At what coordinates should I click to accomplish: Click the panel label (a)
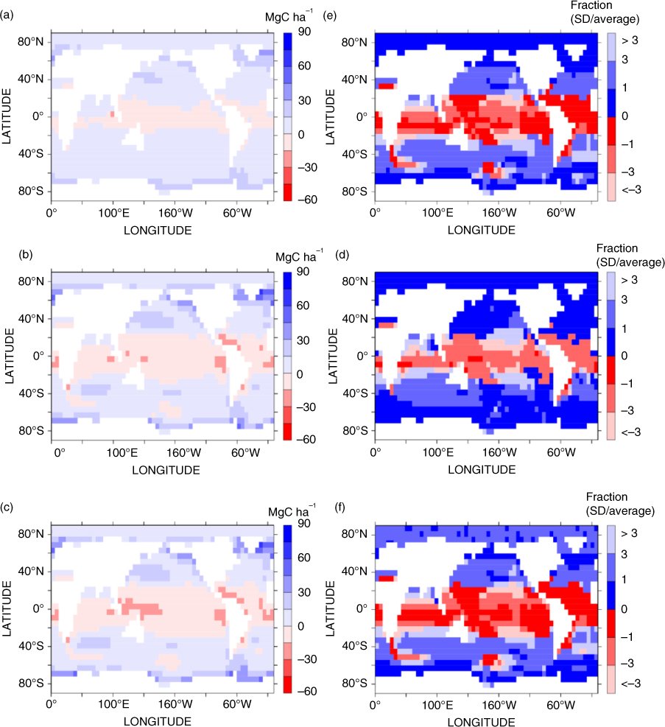point(7,15)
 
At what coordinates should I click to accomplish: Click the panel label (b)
point(26,255)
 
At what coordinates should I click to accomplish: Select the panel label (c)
point(7,508)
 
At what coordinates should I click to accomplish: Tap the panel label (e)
point(330,15)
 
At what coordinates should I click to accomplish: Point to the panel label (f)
point(340,508)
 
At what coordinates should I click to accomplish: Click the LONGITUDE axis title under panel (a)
point(158,231)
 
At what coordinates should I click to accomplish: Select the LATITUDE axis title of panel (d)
point(333,356)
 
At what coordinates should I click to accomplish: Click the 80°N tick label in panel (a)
point(31,42)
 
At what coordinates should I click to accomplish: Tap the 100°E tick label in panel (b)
point(122,452)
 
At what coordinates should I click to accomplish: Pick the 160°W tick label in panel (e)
point(499,213)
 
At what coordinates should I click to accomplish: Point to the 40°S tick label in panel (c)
point(31,646)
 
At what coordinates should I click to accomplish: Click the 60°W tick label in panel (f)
point(560,705)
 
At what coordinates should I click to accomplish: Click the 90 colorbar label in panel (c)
point(304,524)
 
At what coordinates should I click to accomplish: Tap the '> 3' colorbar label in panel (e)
point(630,41)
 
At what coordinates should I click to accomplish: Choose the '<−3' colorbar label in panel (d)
point(631,432)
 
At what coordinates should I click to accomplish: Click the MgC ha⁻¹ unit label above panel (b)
point(300,256)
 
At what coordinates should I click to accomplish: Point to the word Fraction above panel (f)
point(607,497)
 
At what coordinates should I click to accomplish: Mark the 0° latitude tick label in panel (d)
point(362,356)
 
